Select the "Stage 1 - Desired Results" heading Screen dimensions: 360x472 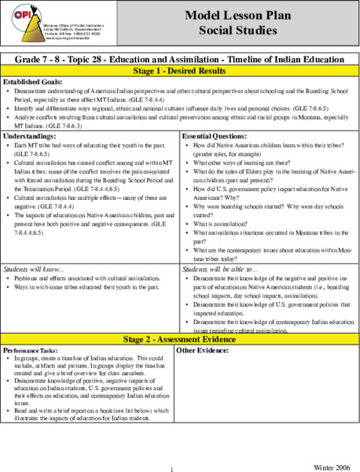pyautogui.click(x=179, y=70)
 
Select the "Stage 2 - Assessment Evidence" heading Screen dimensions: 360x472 pyautogui.click(x=179, y=338)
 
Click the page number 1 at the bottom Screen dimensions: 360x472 pyautogui.click(x=171, y=469)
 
